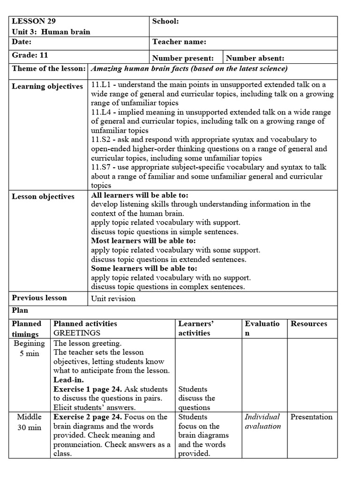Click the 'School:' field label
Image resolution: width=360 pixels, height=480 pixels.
tap(165, 21)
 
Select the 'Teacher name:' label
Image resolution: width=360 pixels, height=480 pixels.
tap(179, 42)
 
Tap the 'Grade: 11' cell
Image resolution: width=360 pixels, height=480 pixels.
tap(30, 55)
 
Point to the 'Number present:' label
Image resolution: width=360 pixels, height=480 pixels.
tap(183, 59)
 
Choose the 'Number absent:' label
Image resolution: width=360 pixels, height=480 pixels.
tap(255, 59)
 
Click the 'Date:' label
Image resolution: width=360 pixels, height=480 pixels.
tap(22, 42)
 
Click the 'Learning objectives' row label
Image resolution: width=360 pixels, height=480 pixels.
tap(47, 86)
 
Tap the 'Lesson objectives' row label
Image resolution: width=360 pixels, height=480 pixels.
tap(43, 196)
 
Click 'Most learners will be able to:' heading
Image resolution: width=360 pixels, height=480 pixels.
tap(143, 241)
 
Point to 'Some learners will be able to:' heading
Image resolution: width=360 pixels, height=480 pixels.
tap(144, 269)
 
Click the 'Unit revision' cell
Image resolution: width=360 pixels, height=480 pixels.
tap(113, 299)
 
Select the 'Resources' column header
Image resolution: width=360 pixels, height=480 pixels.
tap(309, 323)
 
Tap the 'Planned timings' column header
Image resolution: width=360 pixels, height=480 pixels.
tap(26, 329)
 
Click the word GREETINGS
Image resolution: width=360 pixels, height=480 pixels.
tap(77, 333)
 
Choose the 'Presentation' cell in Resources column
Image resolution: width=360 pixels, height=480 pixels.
tap(311, 417)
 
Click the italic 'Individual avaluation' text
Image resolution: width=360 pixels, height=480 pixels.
tap(262, 421)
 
